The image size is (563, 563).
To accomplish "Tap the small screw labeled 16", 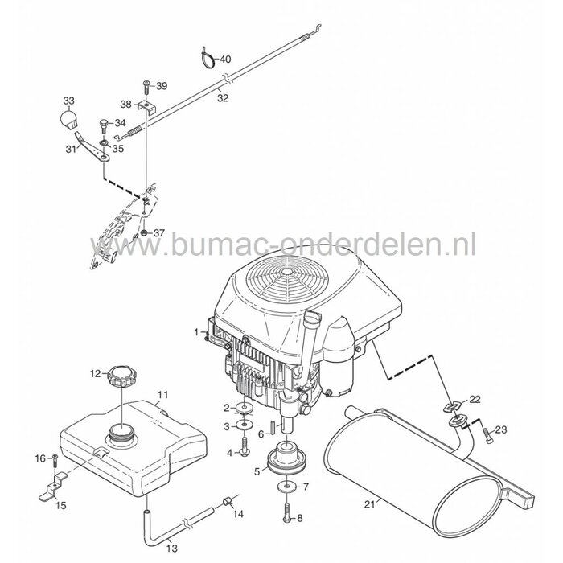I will click(54, 460).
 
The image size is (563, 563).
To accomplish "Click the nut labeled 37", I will click(143, 233).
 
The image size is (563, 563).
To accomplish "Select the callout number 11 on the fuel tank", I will click(162, 395).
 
